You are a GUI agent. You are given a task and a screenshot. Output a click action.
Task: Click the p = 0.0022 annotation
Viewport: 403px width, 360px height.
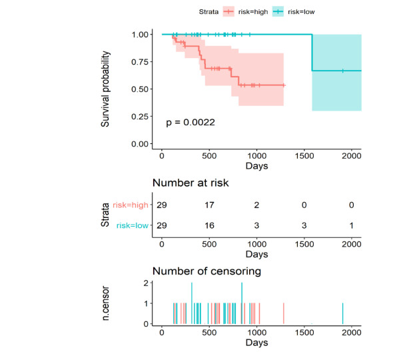click(190, 123)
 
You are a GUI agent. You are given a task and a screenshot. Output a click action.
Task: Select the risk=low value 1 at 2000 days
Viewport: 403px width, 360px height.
click(352, 227)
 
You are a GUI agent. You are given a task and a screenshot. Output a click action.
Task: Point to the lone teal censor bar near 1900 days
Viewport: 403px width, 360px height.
click(343, 314)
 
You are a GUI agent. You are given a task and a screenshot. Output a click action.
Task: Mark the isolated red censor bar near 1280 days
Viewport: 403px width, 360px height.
click(284, 314)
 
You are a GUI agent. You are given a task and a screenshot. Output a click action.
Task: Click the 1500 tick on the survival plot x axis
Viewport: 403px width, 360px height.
click(304, 155)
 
